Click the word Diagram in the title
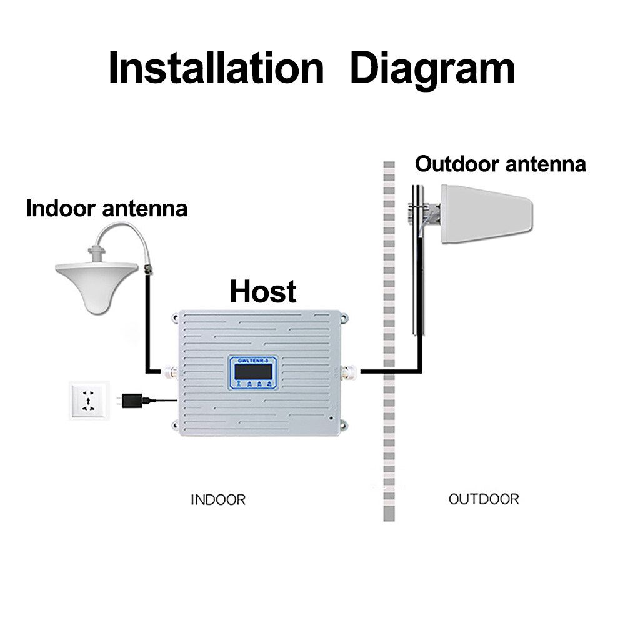(x=432, y=68)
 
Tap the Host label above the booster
(x=263, y=291)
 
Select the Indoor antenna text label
(x=107, y=208)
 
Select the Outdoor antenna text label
(x=501, y=164)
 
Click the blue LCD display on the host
(x=253, y=371)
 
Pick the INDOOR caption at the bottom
(x=218, y=500)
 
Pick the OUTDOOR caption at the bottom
(x=484, y=499)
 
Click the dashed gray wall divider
(x=389, y=437)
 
